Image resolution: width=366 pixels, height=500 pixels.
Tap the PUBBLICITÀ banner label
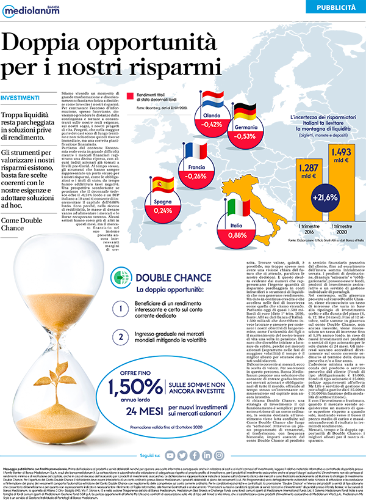[x=336, y=7]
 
